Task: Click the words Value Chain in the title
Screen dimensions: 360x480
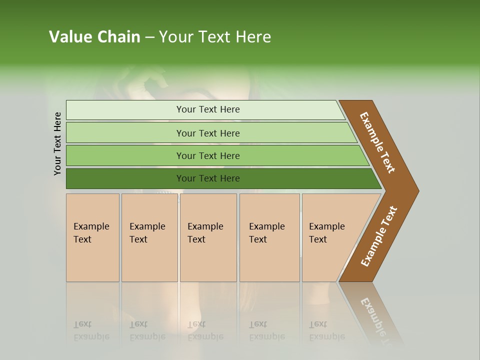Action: (94, 37)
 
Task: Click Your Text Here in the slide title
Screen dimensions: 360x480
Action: (215, 37)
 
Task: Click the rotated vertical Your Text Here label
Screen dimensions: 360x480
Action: (58, 143)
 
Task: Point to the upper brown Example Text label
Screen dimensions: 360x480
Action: (377, 142)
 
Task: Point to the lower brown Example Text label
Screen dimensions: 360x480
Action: (379, 236)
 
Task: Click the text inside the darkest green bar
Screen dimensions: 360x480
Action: (208, 178)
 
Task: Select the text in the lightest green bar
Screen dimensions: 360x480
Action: (208, 109)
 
